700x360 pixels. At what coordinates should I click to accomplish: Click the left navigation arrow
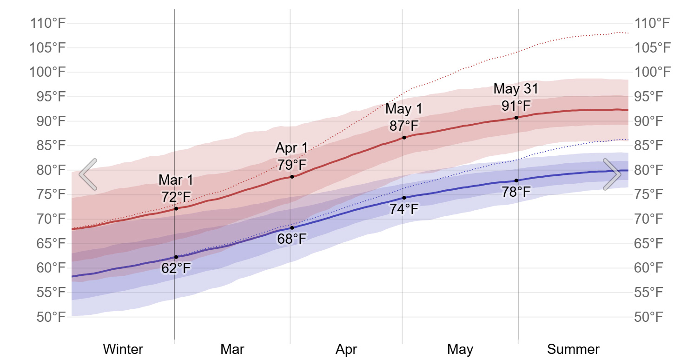88,174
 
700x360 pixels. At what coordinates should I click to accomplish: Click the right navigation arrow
612,174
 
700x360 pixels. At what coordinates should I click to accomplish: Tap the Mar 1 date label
176,180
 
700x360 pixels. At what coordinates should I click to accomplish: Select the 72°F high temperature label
176,197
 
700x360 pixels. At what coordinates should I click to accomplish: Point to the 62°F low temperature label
176,268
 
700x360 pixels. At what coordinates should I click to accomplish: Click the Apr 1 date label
292,148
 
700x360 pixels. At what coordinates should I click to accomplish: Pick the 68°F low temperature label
292,239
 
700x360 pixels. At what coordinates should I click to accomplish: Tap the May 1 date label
404,109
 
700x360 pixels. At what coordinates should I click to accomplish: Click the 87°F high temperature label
404,126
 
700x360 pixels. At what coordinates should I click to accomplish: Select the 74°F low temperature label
404,209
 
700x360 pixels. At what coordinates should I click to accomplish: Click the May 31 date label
516,88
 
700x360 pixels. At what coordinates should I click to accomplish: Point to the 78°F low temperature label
516,192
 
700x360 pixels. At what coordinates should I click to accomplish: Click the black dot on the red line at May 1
404,138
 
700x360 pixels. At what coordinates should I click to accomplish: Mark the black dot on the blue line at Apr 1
292,228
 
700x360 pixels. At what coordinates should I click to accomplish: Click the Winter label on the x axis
123,349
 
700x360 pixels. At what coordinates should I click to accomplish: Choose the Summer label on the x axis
573,349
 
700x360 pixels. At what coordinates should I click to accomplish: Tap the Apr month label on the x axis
346,349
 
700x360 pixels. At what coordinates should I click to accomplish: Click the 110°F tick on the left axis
47,23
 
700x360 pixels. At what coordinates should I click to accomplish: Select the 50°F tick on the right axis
652,317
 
